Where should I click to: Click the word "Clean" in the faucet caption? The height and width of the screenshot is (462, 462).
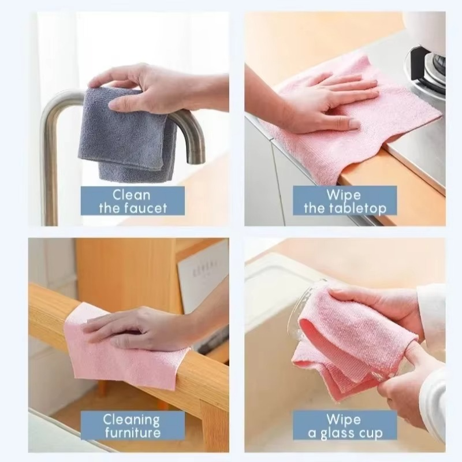(x=132, y=194)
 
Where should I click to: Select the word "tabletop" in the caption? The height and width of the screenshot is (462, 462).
(x=358, y=208)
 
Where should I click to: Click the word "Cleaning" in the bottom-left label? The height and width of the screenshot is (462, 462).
(x=132, y=419)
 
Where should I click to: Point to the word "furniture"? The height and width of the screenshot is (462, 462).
(x=132, y=433)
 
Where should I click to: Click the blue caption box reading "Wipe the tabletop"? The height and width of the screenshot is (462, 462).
(x=345, y=200)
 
